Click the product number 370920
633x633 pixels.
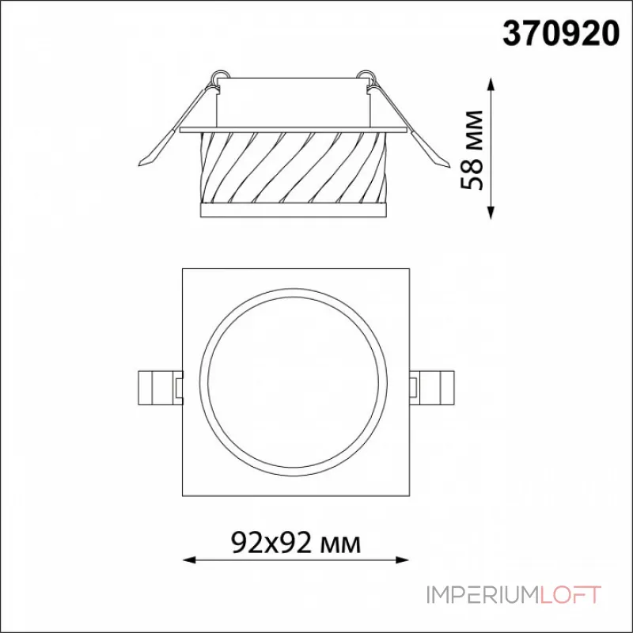pyautogui.click(x=561, y=33)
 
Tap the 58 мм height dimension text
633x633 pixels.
pyautogui.click(x=472, y=150)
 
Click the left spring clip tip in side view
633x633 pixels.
pyautogui.click(x=140, y=164)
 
